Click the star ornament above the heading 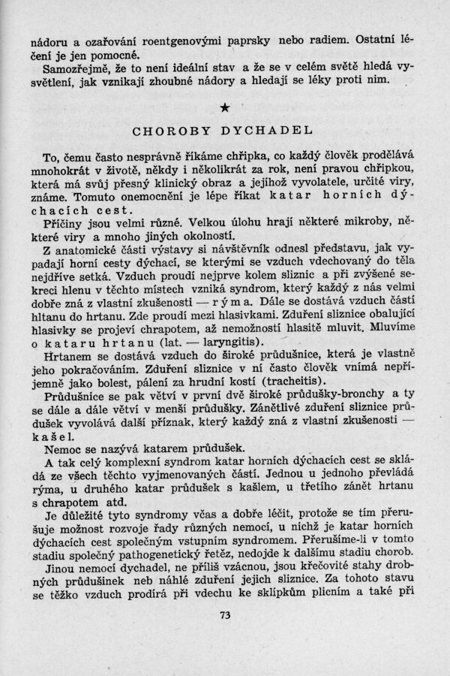226,110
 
